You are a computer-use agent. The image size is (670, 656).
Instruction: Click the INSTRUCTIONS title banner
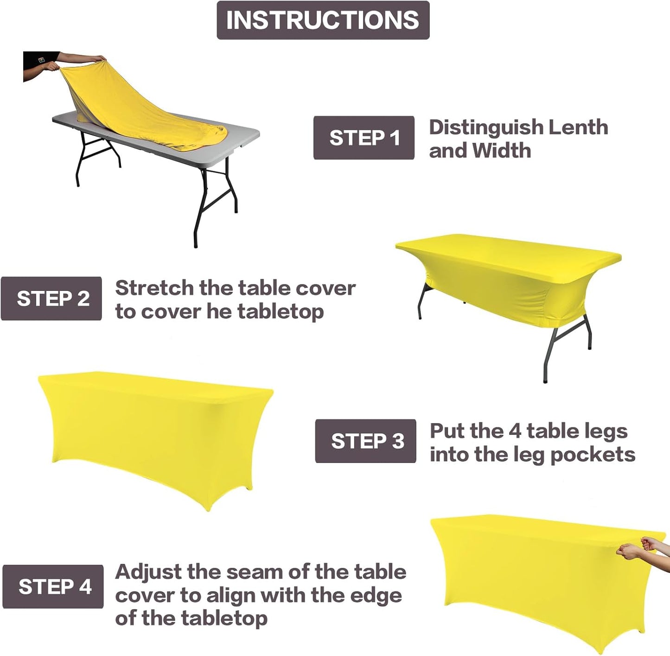pos(323,20)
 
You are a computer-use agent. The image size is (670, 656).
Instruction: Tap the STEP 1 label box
pos(364,138)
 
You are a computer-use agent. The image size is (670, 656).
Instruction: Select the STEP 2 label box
pos(51,298)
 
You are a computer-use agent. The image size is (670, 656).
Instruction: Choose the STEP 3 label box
pos(366,441)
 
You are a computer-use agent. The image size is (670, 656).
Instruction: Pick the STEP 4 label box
pos(53,586)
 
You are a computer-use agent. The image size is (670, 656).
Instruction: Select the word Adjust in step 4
pos(148,572)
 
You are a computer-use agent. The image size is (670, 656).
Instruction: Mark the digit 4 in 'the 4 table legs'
pos(515,431)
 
